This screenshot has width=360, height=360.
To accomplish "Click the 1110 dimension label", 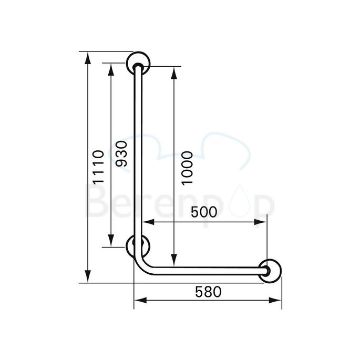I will [96, 167].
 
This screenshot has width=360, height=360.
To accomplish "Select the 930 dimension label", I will [121, 153].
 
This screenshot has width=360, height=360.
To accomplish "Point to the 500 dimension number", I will [203, 212].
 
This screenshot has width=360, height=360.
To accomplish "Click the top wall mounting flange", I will [139, 64].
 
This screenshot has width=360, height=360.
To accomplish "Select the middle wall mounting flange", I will [138, 246].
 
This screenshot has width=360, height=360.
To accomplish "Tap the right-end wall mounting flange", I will [270, 270].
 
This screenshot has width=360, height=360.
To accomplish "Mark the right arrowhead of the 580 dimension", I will [278, 301].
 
